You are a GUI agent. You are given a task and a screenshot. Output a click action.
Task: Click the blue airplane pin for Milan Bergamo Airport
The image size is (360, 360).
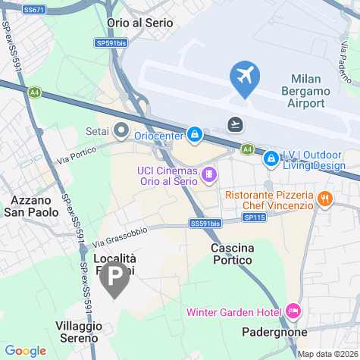245,77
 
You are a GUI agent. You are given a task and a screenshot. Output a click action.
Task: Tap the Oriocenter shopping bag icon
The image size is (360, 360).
195,135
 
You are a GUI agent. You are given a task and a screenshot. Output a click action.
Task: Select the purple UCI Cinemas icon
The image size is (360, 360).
208,176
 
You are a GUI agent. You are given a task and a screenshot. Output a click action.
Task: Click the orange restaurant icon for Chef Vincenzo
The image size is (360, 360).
325,199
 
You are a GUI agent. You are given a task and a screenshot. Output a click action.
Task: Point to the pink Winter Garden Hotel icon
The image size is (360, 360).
293,311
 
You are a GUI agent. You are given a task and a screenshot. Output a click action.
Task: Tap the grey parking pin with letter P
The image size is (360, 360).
115,280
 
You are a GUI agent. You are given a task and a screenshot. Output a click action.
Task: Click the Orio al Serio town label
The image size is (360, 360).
140,23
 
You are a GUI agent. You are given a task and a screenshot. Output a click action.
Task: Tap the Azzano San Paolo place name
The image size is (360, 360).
34,206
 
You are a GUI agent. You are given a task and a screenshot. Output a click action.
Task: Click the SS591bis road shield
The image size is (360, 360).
205,223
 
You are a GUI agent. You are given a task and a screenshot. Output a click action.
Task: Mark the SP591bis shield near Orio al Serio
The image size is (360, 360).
111,44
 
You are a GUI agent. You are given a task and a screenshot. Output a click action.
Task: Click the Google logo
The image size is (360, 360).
25,351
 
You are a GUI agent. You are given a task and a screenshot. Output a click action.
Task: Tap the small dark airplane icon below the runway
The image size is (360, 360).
236,124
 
